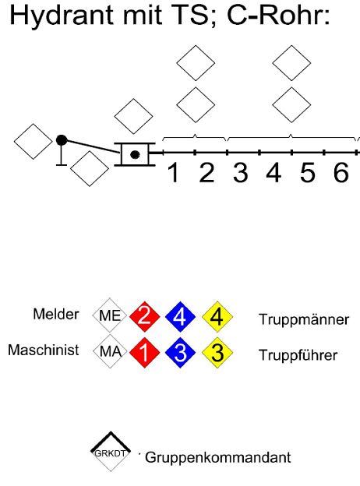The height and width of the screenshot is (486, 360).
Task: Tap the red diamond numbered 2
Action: coord(144,316)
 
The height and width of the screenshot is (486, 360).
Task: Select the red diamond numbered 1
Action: coord(144,352)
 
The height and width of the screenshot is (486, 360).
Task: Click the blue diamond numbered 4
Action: coord(181,316)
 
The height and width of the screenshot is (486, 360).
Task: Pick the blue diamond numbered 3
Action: coord(181,352)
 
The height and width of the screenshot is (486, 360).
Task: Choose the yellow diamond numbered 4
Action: coord(217,316)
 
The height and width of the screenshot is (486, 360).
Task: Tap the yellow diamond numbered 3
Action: coord(217,352)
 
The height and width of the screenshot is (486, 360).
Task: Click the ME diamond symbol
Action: coord(110,315)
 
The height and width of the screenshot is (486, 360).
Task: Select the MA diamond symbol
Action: coord(110,351)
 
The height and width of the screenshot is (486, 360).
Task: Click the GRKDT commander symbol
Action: coord(111,451)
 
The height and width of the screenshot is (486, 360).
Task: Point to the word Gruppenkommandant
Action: coord(217,458)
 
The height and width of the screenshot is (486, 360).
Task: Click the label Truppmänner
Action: coord(304,319)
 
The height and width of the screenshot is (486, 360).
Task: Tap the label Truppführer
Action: coord(298,355)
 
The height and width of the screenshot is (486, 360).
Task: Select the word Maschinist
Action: coord(44,350)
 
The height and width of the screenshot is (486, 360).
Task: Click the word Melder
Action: coord(56,314)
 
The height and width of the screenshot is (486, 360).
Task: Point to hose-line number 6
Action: coord(341,173)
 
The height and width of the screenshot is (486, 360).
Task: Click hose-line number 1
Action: coord(174,173)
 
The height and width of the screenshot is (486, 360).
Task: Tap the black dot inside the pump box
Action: coord(135,154)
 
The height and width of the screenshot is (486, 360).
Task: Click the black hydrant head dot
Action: coord(62,140)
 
